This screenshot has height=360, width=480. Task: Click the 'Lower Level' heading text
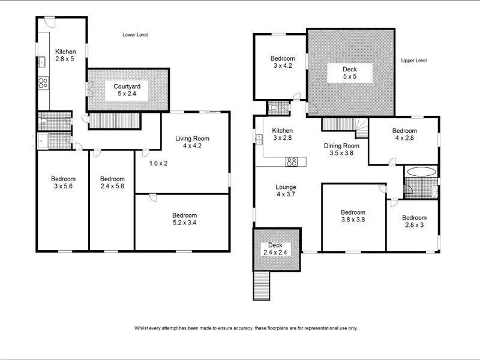point(135,35)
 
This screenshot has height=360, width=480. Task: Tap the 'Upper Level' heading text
point(413,61)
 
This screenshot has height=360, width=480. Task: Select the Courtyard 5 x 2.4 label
point(127,90)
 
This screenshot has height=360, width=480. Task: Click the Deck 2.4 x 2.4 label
point(275,248)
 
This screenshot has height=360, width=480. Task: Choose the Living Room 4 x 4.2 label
point(192,142)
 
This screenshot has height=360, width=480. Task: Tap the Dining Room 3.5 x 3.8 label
point(341,149)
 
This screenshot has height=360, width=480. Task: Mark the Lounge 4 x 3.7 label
point(286,191)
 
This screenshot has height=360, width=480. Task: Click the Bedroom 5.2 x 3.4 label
point(184,219)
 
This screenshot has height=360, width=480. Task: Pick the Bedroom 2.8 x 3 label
point(414,221)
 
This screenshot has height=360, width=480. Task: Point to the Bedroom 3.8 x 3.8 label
point(353,216)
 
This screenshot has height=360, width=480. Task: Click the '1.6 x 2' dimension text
point(158,163)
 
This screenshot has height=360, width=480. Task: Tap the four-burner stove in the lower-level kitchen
point(43,83)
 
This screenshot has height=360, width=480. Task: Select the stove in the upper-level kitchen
point(292,161)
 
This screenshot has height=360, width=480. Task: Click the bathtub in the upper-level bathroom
point(419,172)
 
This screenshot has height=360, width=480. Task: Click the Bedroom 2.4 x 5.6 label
point(112,182)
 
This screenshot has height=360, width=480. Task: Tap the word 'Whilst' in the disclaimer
point(142,328)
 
